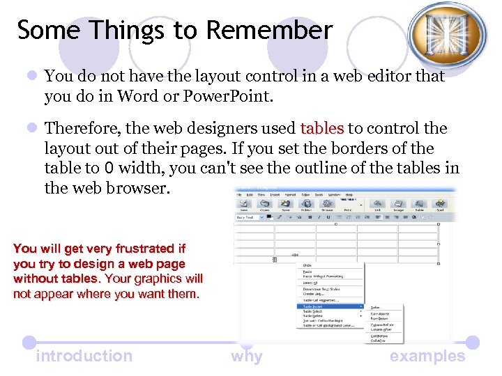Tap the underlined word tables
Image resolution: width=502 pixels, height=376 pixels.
click(322, 128)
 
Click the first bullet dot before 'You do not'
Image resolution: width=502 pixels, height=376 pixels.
click(31, 76)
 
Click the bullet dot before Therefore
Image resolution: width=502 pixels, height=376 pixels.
click(31, 128)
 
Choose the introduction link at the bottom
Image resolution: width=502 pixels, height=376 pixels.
click(84, 356)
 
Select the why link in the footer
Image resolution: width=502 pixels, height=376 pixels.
click(247, 357)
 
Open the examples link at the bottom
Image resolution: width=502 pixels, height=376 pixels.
click(427, 356)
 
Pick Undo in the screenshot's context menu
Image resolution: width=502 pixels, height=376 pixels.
click(307, 265)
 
